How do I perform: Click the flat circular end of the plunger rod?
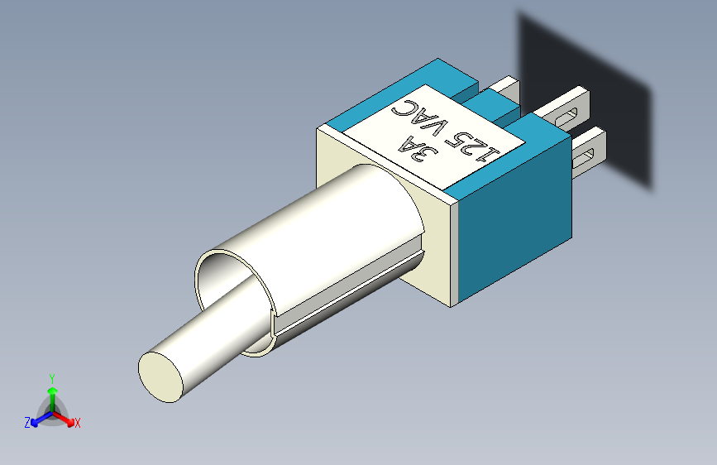(160, 377)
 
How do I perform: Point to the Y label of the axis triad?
(52, 379)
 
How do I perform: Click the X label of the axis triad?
(77, 423)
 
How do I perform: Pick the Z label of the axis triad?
(27, 423)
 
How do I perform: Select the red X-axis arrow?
(63, 419)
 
